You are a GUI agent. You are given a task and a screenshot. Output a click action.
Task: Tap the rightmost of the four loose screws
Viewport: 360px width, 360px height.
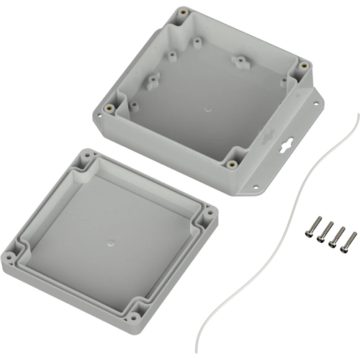tap(346, 239)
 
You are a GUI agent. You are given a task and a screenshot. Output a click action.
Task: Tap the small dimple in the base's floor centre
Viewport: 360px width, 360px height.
tap(208, 111)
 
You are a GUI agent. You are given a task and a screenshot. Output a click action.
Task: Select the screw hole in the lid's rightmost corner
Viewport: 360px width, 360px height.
tap(208, 212)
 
